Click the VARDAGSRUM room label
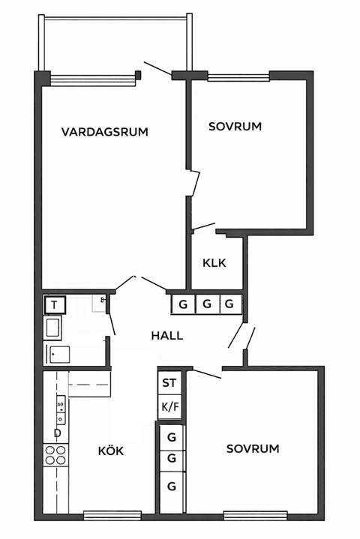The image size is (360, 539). (x=105, y=132)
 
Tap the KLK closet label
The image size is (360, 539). (x=214, y=263)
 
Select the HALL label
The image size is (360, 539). (x=166, y=336)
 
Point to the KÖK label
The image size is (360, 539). (x=111, y=451)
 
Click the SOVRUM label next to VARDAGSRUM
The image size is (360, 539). (x=235, y=127)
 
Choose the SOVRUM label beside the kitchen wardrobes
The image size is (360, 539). (x=253, y=449)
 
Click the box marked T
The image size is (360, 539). (x=55, y=305)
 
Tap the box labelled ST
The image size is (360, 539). (x=169, y=382)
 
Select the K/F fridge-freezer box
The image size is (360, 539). (x=169, y=407)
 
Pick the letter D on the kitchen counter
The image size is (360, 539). (x=57, y=433)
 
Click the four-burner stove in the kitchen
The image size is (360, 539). (x=56, y=454)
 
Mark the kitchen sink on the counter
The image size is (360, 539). (x=60, y=407)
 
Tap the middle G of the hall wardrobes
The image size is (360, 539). (x=206, y=304)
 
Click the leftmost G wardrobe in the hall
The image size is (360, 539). (x=182, y=304)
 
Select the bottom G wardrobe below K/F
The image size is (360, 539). (x=172, y=486)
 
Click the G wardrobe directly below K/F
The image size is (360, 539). (x=172, y=436)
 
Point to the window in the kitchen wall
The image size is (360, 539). (x=112, y=514)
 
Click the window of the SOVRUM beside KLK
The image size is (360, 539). (x=238, y=76)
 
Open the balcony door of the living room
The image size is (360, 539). (x=157, y=69)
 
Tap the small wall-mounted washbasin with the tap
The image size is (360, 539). (x=100, y=303)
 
